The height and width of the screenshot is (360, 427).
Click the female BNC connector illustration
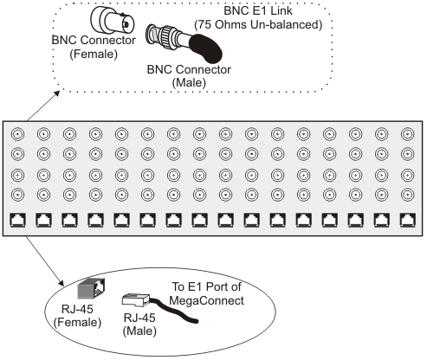(x=113, y=19)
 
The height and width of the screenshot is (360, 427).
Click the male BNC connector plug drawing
(x=167, y=37)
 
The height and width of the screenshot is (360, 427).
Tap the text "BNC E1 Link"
(x=258, y=11)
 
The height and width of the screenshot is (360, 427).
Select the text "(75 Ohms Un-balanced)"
(x=258, y=25)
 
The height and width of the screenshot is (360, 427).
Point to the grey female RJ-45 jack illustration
(x=91, y=288)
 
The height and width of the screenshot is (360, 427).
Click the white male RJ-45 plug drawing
(x=136, y=300)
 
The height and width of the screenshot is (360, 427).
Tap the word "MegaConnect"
(x=206, y=300)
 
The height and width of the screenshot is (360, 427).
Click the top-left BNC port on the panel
(x=17, y=134)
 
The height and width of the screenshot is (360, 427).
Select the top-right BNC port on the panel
(x=407, y=134)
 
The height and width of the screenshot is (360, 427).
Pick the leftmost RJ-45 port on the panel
(x=17, y=220)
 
